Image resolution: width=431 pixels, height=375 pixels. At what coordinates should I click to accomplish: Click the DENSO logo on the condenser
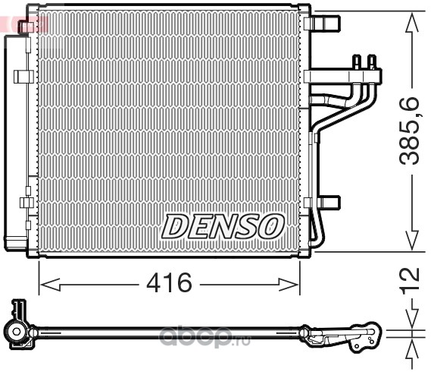(223, 226)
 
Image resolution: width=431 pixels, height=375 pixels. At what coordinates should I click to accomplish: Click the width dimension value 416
(169, 282)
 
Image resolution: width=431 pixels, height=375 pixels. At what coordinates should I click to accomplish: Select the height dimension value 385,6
(409, 131)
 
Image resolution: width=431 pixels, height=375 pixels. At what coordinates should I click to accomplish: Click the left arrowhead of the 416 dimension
(50, 285)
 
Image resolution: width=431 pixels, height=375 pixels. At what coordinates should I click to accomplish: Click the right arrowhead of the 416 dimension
(289, 285)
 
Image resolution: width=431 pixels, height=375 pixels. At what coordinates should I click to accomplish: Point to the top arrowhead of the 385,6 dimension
(412, 22)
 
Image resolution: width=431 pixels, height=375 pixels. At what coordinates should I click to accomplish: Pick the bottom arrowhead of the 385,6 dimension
(412, 240)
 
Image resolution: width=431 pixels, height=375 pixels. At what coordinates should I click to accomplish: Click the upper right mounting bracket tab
(322, 23)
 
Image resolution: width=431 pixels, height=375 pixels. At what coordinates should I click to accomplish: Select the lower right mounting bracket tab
(322, 202)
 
